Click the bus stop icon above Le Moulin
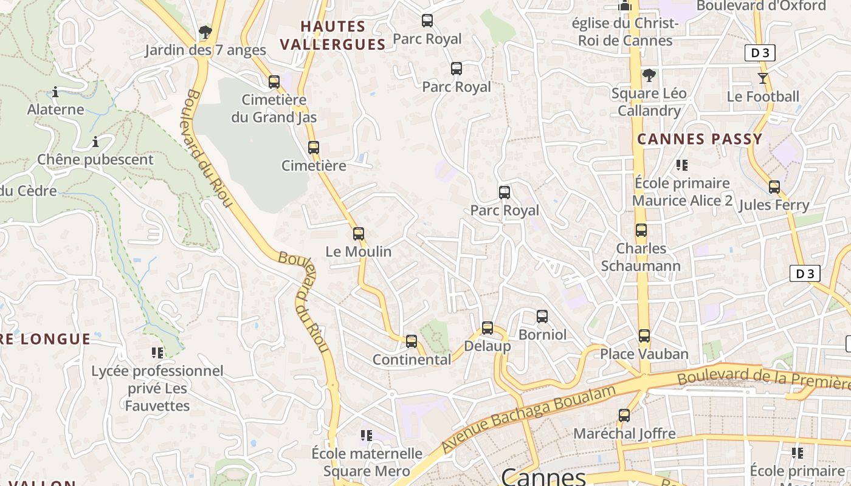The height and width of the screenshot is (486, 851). point(359,233)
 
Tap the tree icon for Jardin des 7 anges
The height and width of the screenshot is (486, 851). point(205,32)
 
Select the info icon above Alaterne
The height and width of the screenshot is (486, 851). point(55,92)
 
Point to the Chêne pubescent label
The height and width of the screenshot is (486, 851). point(95,160)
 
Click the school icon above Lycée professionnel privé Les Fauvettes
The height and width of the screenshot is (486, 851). point(157,352)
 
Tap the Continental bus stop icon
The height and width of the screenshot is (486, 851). point(412,341)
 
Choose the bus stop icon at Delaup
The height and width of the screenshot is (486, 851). point(488,328)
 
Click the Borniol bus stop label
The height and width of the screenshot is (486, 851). point(542,335)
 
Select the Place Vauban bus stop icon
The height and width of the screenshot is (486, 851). point(644,335)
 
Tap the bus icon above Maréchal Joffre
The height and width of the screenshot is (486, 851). point(624,416)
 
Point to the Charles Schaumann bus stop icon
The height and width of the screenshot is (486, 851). point(641,230)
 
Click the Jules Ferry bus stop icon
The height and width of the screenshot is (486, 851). point(774,187)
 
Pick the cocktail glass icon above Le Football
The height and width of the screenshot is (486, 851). point(763,78)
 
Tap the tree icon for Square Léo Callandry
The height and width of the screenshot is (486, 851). point(649,75)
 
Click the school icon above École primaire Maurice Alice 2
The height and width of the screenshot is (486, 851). point(682,165)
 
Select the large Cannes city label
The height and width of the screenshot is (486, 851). point(543,476)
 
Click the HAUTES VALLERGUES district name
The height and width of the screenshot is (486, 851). point(333,35)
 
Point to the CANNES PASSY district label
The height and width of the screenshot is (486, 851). point(700,139)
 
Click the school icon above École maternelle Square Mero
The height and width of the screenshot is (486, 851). point(367,435)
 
